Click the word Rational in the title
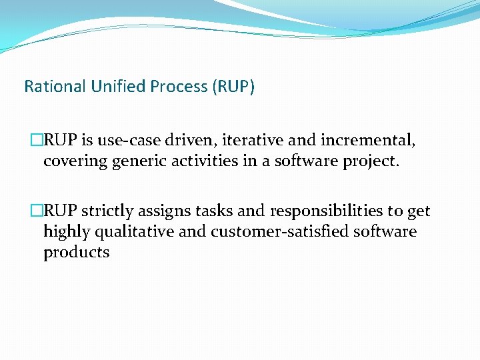(x=50, y=87)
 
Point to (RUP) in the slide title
(x=233, y=87)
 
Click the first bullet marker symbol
(x=37, y=141)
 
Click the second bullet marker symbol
(x=37, y=211)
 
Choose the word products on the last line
(x=76, y=253)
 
